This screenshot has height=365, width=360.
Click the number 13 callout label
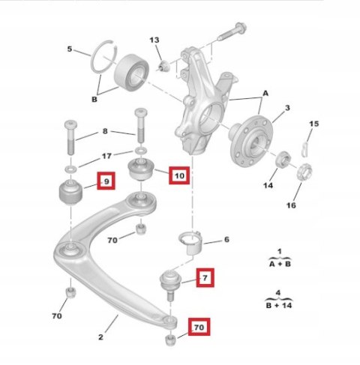154,40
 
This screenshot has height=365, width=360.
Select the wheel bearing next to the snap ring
131,72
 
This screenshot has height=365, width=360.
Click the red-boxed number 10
179,175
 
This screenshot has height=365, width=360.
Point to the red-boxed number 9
106,181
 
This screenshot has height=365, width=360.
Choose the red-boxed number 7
205,277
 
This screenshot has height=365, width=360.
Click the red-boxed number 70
199,327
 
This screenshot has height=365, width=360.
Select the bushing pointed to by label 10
142,169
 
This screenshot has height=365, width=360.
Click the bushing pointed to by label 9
70,193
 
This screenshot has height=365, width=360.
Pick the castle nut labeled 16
304,172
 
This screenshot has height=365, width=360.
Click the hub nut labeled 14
283,159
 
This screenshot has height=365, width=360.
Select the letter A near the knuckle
265,94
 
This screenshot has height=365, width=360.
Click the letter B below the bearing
94,100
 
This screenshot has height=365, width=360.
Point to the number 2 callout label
100,337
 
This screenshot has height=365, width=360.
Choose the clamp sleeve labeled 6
191,243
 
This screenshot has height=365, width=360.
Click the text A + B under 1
280,264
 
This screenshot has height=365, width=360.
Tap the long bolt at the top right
232,31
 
